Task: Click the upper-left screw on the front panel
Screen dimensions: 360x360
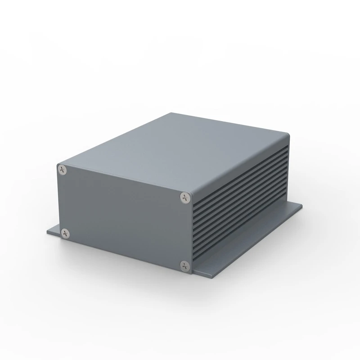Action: tap(62, 169)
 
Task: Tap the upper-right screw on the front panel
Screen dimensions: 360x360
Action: tap(185, 197)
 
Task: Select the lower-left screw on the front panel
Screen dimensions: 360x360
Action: tap(66, 233)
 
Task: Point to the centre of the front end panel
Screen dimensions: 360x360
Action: tap(124, 216)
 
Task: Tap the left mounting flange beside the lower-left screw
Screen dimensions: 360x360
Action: tap(53, 232)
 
